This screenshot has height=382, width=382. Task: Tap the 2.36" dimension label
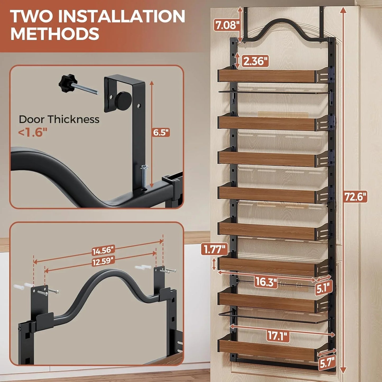tap(255, 61)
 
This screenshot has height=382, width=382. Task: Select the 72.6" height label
tap(356, 197)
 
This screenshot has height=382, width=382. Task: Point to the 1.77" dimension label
tap(214, 249)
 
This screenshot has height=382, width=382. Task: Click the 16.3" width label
tap(266, 282)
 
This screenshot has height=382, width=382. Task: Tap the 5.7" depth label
tap(327, 362)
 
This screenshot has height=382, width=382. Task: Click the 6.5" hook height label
tap(161, 132)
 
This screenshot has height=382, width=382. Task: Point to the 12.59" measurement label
tap(103, 261)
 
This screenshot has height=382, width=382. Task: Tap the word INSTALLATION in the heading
tap(121, 16)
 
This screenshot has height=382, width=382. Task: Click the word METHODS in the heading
tap(55, 34)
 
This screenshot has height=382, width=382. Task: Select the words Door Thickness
tap(59, 119)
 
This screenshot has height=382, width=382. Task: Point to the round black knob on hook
tap(123, 98)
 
